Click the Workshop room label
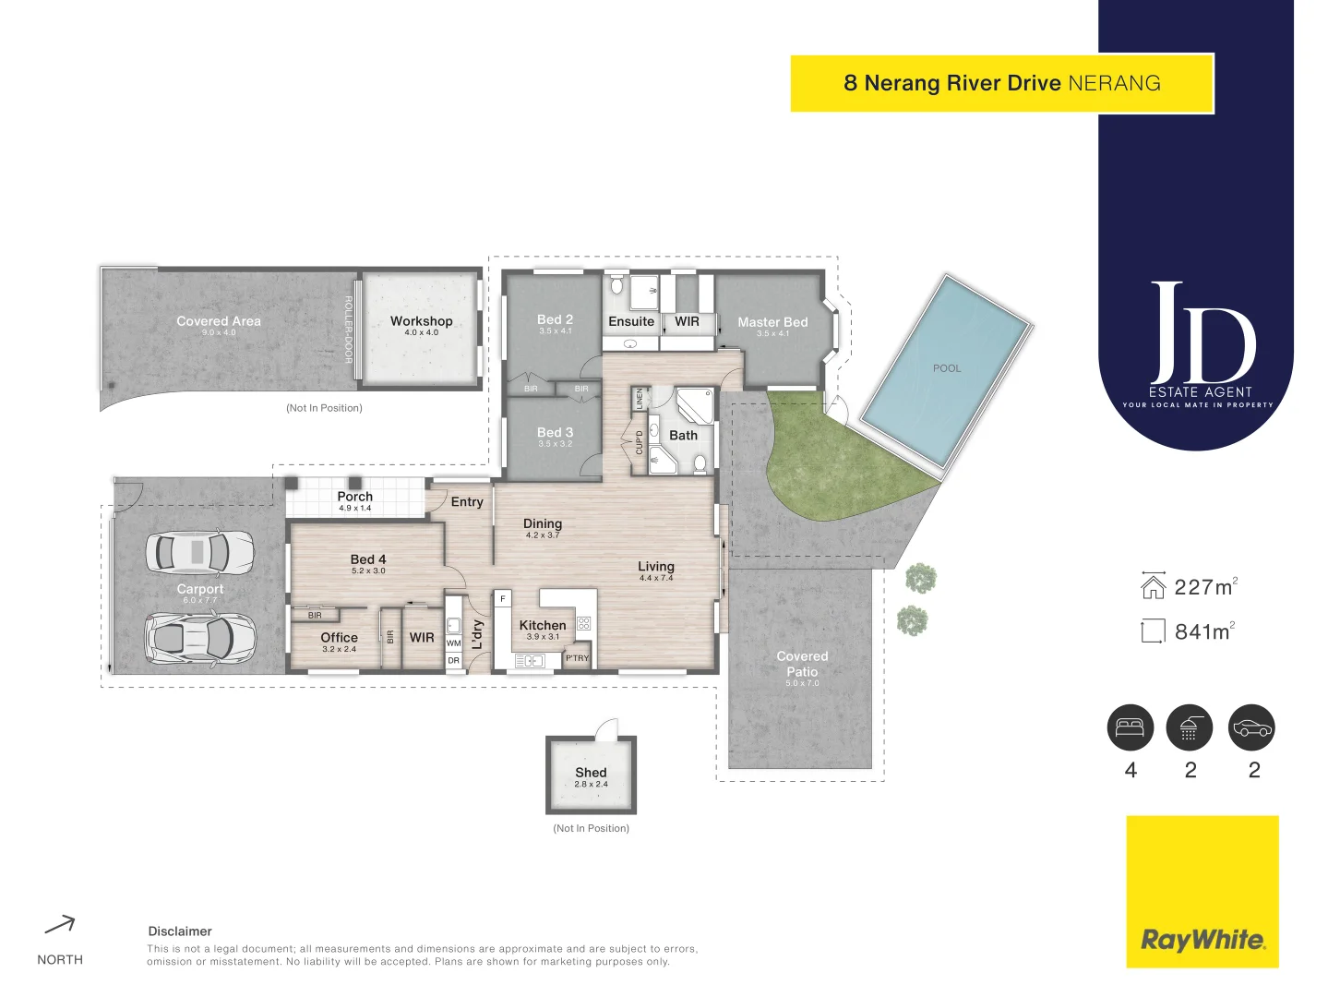[x=421, y=321]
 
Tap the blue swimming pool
[x=946, y=369]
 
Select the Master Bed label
[x=772, y=322]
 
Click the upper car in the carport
[x=199, y=552]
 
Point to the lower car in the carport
[x=199, y=638]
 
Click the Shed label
[x=591, y=773]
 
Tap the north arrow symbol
[x=60, y=924]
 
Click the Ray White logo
[x=1202, y=940]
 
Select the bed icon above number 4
[x=1131, y=727]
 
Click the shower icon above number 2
[x=1190, y=727]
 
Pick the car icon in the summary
[x=1251, y=727]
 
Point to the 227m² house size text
[x=1203, y=587]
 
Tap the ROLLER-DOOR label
[x=349, y=330]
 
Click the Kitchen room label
[x=543, y=625]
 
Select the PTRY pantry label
[x=577, y=658]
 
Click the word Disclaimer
[x=180, y=931]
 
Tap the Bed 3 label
[x=555, y=432]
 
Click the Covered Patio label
[x=802, y=664]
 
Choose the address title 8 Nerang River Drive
[x=951, y=83]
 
